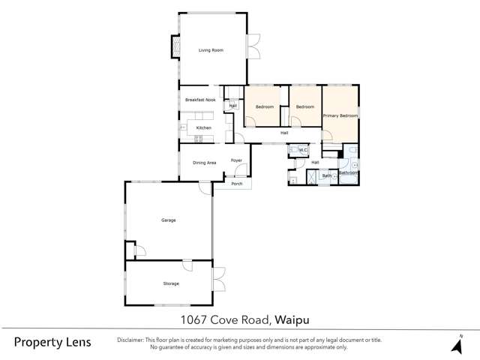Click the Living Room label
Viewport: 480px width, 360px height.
tap(211, 50)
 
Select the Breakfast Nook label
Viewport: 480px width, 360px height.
tap(200, 100)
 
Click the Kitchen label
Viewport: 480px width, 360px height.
tap(203, 128)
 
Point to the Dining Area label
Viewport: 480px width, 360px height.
tap(204, 162)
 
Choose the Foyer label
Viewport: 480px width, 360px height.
tap(236, 160)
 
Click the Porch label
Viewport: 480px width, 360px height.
tap(236, 184)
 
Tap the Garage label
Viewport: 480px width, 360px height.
tap(168, 220)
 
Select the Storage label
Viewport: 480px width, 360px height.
tap(171, 283)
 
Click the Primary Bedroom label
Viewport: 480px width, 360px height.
tap(340, 116)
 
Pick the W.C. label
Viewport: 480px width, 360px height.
tap(304, 151)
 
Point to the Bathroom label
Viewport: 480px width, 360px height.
tap(348, 173)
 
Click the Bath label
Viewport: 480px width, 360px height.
tap(327, 176)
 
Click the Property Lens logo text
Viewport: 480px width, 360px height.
tap(52, 342)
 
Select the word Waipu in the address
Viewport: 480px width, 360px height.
tap(293, 319)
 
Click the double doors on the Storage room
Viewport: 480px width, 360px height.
tap(219, 280)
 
